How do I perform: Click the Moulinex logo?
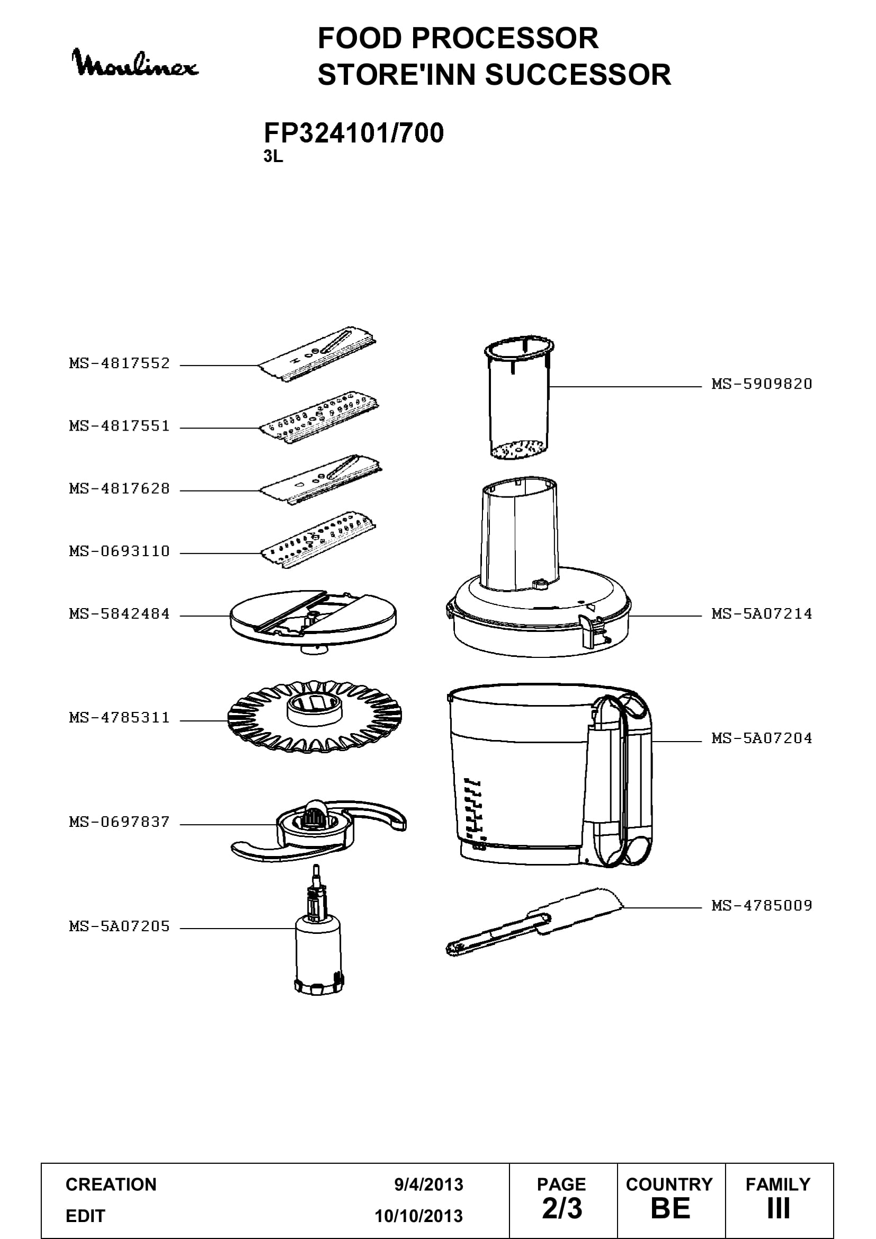(x=136, y=63)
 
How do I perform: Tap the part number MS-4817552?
(x=120, y=363)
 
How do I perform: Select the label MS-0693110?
(x=120, y=551)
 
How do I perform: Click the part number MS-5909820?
(x=762, y=384)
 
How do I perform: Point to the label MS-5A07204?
(x=762, y=738)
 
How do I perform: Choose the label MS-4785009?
(x=762, y=905)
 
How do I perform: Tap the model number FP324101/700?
(x=354, y=133)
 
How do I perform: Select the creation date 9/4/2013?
(x=429, y=1184)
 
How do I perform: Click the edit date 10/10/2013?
(x=419, y=1216)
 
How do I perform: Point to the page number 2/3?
(x=562, y=1208)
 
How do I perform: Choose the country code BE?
(x=671, y=1209)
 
